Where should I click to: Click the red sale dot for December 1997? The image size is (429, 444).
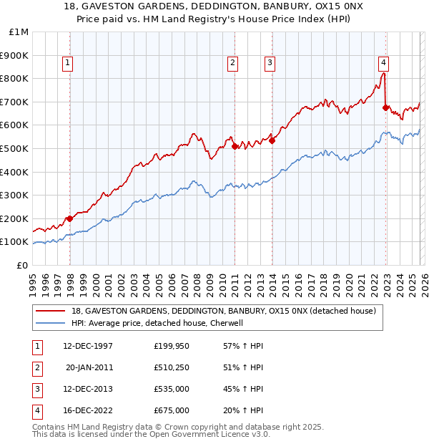coord(70,218)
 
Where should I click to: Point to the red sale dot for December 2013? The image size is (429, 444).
coord(272,140)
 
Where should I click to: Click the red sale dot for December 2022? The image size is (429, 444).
coord(386,107)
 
